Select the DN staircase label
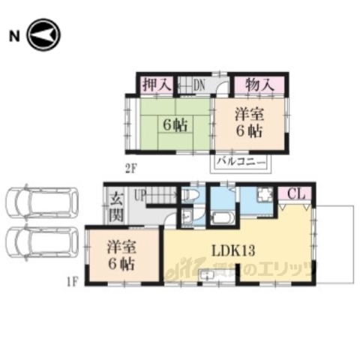(x=199, y=85)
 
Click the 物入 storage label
(x=257, y=85)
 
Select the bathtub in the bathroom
(x=223, y=218)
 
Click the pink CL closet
(x=295, y=194)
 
